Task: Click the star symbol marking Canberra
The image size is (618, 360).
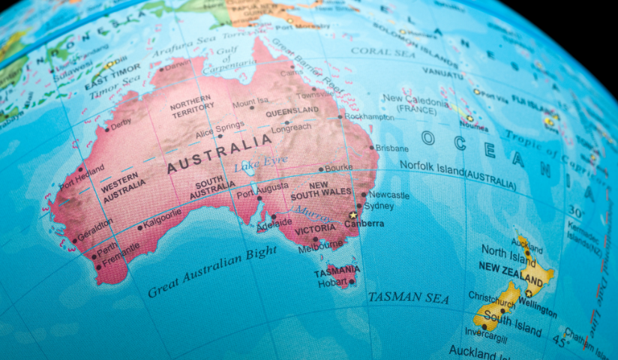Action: [x=352, y=215]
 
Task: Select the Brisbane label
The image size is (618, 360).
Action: [x=392, y=148]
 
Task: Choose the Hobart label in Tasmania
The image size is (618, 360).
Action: [x=332, y=282]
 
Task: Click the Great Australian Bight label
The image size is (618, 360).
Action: [x=212, y=271]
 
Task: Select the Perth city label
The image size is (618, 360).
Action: [x=106, y=248]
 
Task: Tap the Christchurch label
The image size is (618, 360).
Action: [x=492, y=297]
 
